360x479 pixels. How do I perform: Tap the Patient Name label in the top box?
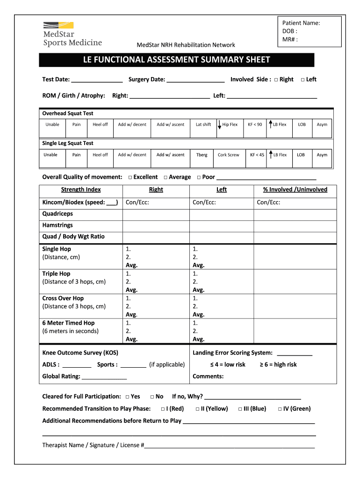tap(301, 23)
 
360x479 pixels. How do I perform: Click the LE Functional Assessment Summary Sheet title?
tap(176, 60)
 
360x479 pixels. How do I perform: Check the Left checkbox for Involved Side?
tap(302, 80)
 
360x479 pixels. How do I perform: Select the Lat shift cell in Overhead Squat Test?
tap(203, 124)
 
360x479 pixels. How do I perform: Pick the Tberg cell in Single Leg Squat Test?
tap(202, 155)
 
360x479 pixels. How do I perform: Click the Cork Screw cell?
tap(228, 155)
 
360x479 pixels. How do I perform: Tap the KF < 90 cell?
tap(255, 124)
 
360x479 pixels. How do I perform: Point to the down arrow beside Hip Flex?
tap(219, 125)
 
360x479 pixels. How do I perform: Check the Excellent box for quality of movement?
tap(130, 177)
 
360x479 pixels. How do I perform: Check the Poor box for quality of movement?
tap(199, 177)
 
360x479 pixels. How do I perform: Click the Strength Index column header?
tap(81, 189)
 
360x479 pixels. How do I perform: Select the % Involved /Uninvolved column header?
tap(295, 189)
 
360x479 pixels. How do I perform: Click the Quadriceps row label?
tap(58, 214)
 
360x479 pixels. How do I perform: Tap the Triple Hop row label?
tap(56, 274)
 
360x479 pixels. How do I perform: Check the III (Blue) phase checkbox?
tap(240, 409)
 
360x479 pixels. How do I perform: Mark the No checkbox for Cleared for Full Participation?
tap(152, 397)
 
